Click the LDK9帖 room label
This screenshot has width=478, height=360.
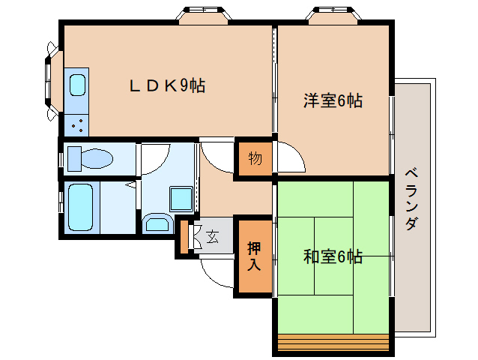coord(167,85)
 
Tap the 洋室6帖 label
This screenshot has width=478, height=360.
coord(333,100)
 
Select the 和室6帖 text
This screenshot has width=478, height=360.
coord(333,256)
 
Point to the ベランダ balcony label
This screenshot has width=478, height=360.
coord(411,199)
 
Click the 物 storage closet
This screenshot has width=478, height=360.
coord(255,159)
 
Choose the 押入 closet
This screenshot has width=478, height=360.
coord(255,255)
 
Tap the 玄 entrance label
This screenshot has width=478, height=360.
coord(212,238)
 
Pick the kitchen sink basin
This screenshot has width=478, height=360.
coord(77,84)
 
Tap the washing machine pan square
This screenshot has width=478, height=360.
coord(181,198)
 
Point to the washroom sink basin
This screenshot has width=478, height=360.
coord(156,223)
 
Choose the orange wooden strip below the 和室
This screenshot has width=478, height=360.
coord(333,342)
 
